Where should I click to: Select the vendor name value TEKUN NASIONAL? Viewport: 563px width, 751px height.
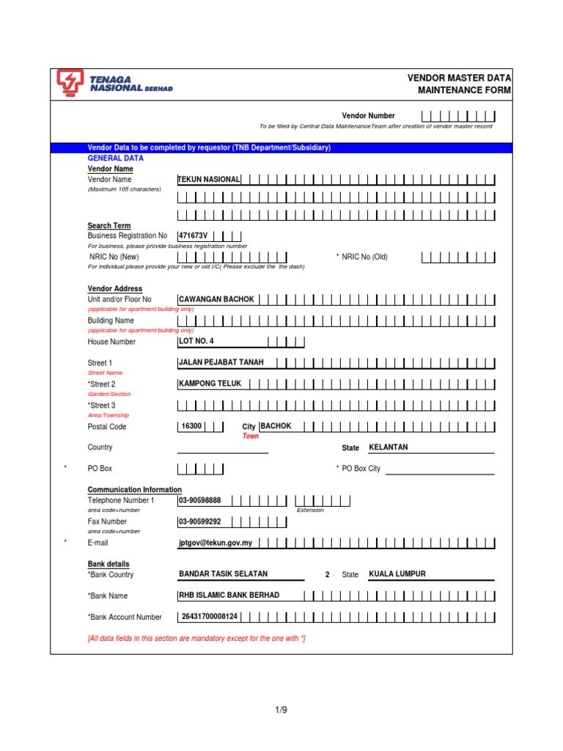209,180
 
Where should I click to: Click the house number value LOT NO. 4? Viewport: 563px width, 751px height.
196,341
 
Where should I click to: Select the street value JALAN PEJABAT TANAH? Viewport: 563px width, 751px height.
221,362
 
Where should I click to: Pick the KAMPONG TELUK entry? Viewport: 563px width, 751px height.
210,384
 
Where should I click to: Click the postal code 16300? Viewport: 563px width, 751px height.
191,426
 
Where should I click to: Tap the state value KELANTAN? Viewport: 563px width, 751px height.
389,447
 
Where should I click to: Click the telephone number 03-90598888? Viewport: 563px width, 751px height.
200,500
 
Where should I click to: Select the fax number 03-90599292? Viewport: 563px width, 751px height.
200,521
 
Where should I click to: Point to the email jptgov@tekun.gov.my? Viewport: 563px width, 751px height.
216,543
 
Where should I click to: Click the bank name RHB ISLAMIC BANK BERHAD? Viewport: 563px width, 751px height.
229,596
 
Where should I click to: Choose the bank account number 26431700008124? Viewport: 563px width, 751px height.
209,617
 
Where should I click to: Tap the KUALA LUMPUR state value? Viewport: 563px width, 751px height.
397,574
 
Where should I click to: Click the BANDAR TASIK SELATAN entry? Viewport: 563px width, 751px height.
224,574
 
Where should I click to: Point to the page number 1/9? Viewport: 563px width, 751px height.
281,709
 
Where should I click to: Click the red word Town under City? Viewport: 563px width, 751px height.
251,436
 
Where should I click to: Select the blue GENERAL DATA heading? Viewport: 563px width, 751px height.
116,158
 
